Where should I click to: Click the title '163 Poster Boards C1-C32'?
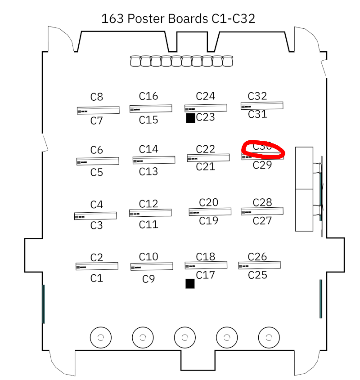(178, 19)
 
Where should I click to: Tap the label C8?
(97, 97)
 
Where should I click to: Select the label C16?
(148, 96)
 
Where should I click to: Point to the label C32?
(257, 96)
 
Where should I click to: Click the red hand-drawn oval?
(263, 149)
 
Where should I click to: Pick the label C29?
(262, 165)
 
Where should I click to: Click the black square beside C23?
(190, 118)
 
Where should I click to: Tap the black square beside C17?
(190, 283)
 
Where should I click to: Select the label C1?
(97, 278)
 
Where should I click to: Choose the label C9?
(148, 279)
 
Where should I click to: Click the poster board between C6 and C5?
(98, 161)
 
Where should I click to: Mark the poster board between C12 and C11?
(150, 213)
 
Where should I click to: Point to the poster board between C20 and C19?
(210, 211)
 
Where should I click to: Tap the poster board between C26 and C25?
(259, 265)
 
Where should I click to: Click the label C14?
(148, 149)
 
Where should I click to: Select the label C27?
(262, 221)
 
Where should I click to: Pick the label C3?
(97, 225)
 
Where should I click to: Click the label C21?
(206, 167)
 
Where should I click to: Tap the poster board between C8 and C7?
(98, 110)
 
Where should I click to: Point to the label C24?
(206, 96)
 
